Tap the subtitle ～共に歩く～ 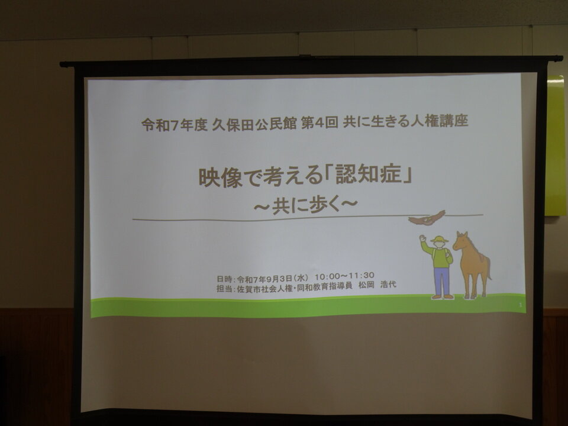(x=305, y=205)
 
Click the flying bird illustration (x=427, y=218)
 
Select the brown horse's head (x=461, y=241)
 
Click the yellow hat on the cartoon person (x=439, y=240)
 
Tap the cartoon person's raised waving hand (x=422, y=238)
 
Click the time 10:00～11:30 (x=344, y=276)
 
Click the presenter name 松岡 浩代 (x=377, y=285)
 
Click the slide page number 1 (x=520, y=305)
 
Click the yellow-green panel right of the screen (x=556, y=146)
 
